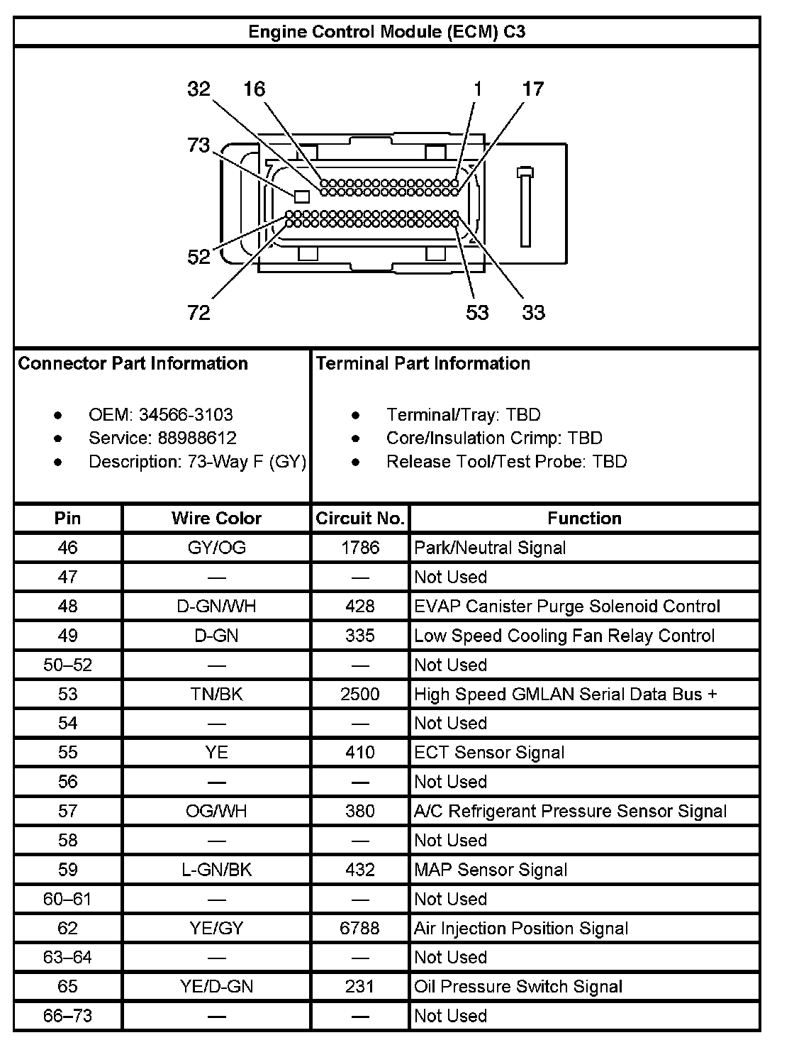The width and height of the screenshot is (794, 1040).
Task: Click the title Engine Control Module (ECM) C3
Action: pos(386,32)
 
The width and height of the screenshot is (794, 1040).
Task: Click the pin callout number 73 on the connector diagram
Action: pos(198,145)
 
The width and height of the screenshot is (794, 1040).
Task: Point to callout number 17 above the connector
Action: pos(532,89)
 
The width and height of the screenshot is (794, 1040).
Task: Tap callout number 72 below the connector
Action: pos(198,312)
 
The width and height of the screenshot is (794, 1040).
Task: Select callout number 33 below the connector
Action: pos(533,312)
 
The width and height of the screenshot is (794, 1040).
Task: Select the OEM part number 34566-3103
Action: pos(186,415)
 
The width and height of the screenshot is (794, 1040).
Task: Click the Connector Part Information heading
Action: pos(133,364)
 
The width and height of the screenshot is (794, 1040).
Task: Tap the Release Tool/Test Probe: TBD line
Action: pos(506,462)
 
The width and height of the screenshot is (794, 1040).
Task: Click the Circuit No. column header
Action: pos(360,519)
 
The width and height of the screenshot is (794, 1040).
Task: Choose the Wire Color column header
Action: pos(216,519)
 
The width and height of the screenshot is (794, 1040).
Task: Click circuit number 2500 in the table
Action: pos(360,694)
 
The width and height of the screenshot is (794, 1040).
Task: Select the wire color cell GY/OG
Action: pos(216,548)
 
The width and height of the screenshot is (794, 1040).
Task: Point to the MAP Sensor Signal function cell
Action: pos(491,870)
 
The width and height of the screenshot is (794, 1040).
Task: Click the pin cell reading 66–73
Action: pos(67,1016)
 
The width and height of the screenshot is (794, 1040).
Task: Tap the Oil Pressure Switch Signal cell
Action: pos(518,987)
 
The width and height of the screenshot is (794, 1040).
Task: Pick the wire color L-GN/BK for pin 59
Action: pos(216,870)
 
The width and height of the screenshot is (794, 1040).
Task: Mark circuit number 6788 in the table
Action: pos(360,928)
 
